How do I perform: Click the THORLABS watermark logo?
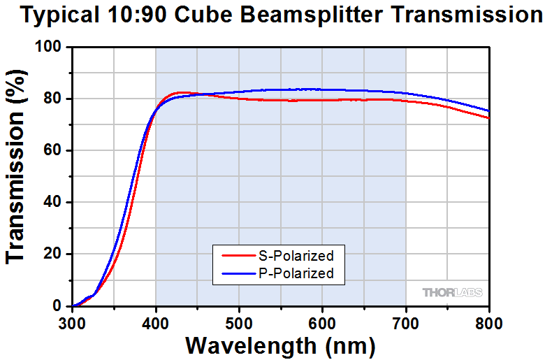click(x=452, y=292)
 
